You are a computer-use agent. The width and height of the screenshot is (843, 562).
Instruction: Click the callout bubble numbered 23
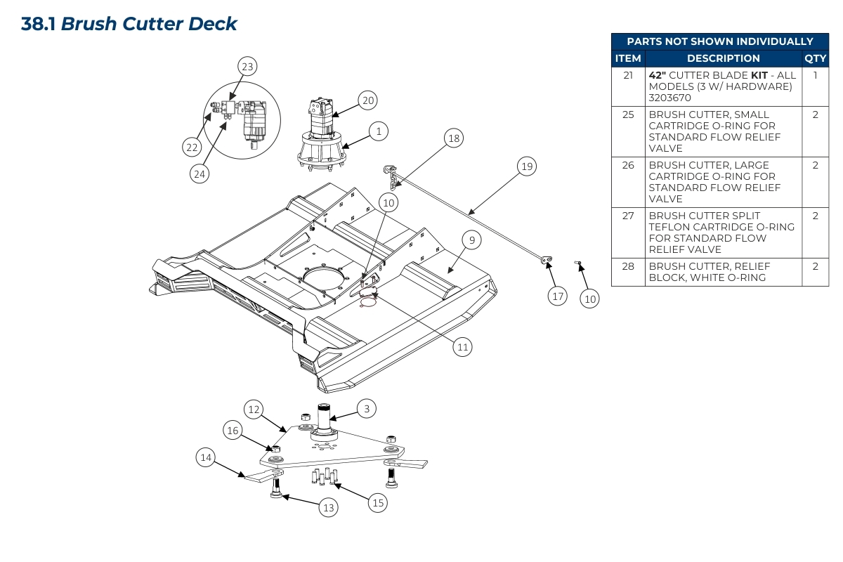tap(247, 67)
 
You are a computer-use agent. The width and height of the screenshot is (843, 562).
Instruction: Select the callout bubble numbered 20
tap(368, 100)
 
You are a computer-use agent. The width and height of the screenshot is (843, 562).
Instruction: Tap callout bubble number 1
tap(379, 131)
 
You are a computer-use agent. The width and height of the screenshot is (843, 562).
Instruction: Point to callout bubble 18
tap(454, 138)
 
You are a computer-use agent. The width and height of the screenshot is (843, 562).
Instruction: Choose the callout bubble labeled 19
tap(526, 166)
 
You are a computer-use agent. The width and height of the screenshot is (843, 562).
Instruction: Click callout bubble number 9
tap(472, 240)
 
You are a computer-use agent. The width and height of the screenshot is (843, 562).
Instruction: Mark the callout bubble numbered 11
tap(462, 346)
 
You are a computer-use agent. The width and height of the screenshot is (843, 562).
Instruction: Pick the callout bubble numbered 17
tap(558, 296)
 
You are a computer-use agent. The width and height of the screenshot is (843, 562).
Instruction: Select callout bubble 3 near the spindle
tap(367, 408)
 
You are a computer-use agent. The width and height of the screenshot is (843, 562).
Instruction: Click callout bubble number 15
tap(379, 502)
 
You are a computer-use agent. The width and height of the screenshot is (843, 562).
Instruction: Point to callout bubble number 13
tap(328, 507)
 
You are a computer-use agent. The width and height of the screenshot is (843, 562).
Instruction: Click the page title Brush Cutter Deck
tap(129, 24)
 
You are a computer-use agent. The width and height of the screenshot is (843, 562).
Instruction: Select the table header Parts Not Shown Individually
tap(719, 41)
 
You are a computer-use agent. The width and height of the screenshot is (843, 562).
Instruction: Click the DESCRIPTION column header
tap(723, 58)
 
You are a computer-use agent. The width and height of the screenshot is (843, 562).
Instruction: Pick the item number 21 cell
tap(628, 75)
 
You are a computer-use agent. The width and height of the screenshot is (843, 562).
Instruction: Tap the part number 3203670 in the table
tap(670, 98)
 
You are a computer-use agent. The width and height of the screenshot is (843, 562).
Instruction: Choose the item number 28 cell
tap(628, 266)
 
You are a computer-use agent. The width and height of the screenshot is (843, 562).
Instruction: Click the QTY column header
tap(815, 58)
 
